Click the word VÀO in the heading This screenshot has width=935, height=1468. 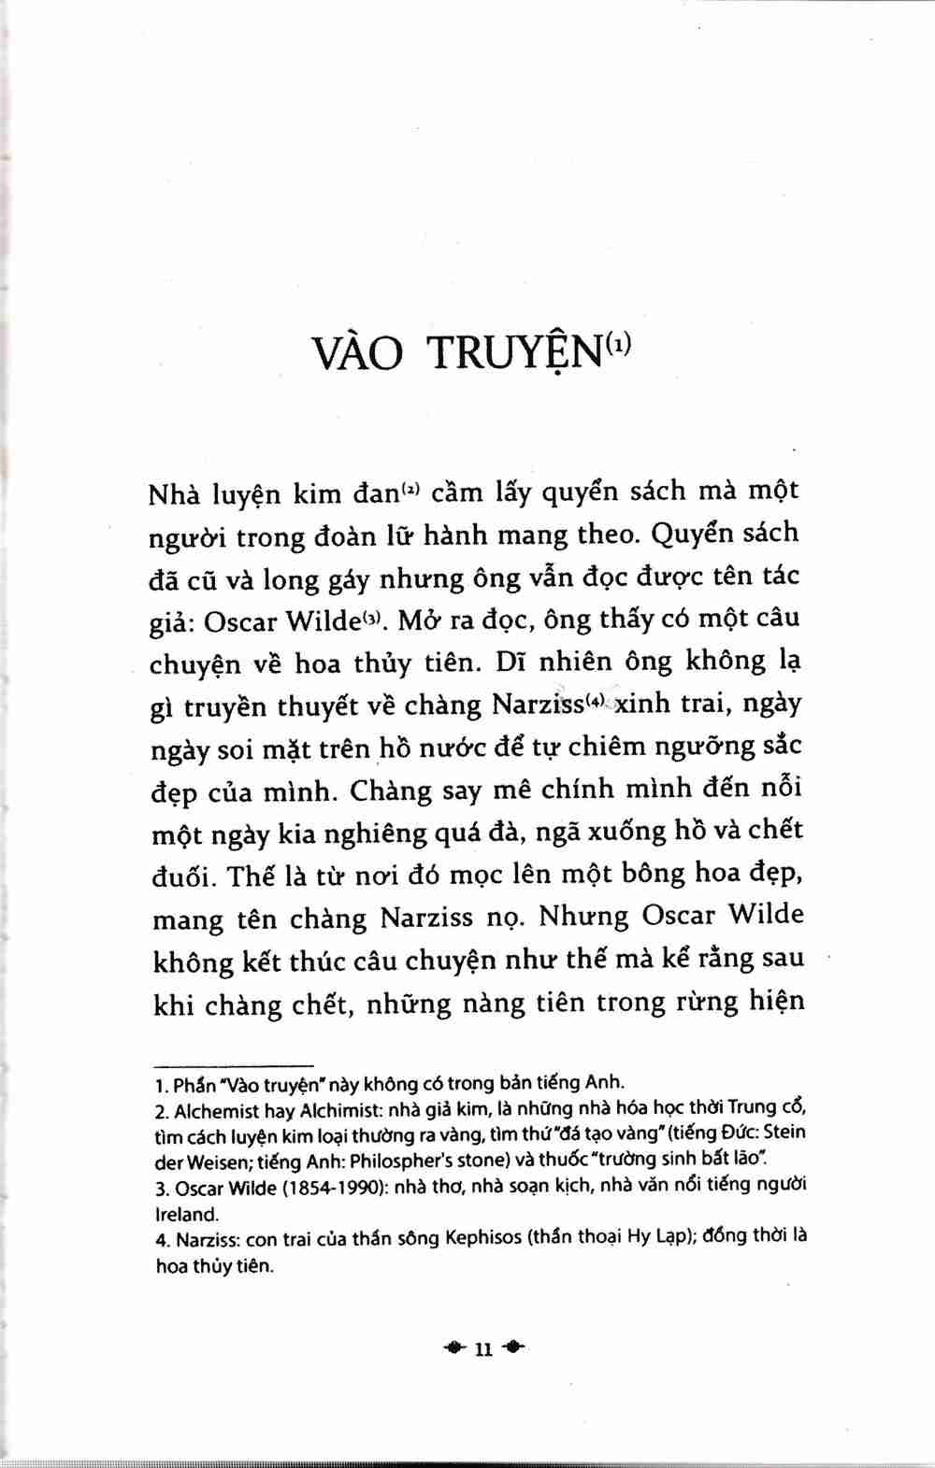pos(358,352)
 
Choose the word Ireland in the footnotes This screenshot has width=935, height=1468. pos(186,1215)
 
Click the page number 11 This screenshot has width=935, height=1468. pos(482,1348)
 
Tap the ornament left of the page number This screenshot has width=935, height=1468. pos(454,1347)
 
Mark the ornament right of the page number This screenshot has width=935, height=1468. pos(513,1347)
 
